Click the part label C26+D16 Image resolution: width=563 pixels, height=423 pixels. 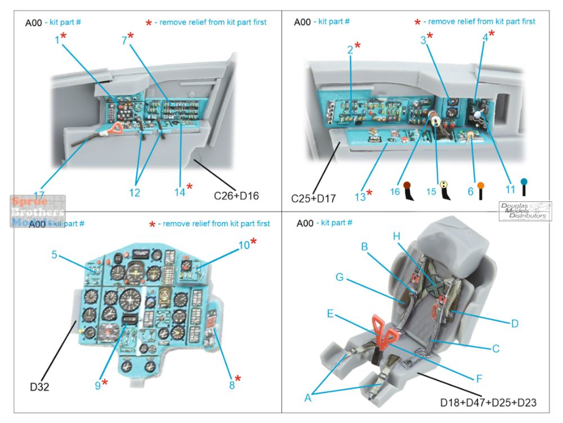(x=236, y=196)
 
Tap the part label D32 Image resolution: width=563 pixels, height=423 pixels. (x=40, y=387)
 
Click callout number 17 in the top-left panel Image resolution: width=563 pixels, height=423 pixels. (x=39, y=195)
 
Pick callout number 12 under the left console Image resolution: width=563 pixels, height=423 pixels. (x=134, y=193)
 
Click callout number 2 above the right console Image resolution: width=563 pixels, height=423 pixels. (x=350, y=50)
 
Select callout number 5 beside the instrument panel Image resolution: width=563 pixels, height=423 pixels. (x=54, y=254)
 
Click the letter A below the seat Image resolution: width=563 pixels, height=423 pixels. (x=308, y=398)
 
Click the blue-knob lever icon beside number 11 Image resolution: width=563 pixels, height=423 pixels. (x=524, y=189)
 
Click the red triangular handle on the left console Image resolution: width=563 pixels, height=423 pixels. (x=117, y=130)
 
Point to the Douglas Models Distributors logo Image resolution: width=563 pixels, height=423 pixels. (x=525, y=211)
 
